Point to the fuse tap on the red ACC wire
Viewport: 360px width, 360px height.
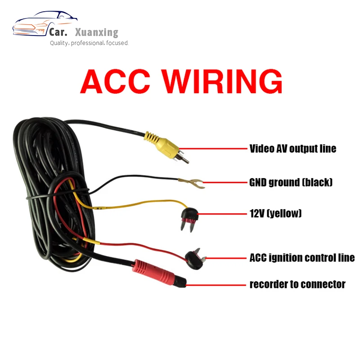pos(194,257)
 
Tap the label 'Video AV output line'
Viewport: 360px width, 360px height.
pos(293,148)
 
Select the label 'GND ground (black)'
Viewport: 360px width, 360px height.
pos(291,182)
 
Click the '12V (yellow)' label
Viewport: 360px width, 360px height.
pos(275,213)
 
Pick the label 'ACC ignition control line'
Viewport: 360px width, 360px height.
pos(302,257)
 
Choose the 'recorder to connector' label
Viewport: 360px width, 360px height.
pos(297,284)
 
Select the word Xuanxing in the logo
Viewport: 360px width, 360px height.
pos(97,32)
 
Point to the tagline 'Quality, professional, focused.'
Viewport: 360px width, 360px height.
pos(89,43)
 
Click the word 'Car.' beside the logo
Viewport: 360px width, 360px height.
pos(59,32)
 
